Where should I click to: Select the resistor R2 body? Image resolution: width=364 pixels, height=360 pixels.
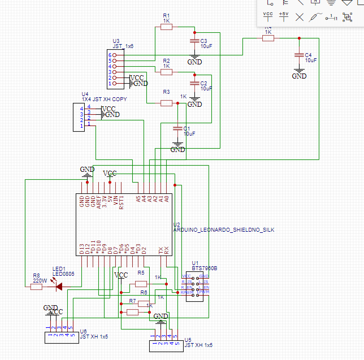pos(166,72)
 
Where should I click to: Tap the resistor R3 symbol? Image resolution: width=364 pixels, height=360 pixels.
pos(166,103)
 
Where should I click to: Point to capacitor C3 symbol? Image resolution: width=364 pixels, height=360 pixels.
pos(194,43)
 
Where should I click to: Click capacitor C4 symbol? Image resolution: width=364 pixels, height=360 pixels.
pos(299,55)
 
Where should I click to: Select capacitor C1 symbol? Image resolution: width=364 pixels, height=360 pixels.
pos(177,130)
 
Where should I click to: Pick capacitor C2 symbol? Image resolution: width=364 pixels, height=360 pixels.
pos(194,84)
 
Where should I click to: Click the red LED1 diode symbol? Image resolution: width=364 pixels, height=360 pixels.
pos(58,286)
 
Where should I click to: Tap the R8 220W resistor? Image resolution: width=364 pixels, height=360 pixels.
pos(36,287)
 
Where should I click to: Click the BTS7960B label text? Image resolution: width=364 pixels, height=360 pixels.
pos(204,268)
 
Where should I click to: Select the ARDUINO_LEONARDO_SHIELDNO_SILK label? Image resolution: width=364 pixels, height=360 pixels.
pos(223,231)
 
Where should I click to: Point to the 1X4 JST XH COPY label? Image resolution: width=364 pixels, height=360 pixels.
pos(105,99)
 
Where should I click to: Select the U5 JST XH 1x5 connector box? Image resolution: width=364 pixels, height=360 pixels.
pos(166,346)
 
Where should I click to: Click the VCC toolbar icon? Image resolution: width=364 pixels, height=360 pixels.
pos(268,16)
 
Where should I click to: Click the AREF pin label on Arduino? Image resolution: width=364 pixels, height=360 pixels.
pos(99,202)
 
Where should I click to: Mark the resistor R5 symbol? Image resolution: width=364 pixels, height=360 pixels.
pos(141,284)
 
